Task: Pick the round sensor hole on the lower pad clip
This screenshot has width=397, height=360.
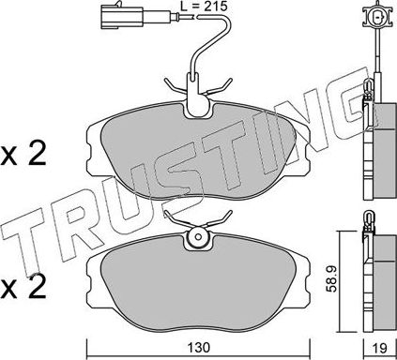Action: click(x=200, y=239)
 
